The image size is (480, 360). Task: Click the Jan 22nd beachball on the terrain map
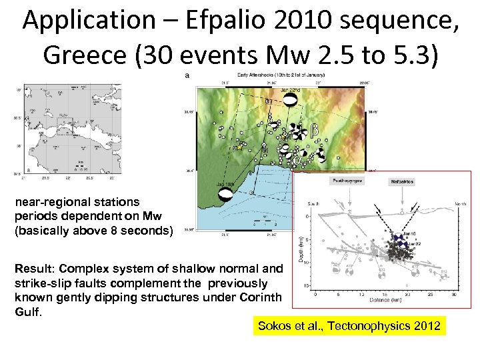[x=290, y=99]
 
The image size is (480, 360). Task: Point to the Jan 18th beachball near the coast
[x=227, y=195]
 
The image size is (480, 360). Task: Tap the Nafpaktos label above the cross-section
[x=402, y=181]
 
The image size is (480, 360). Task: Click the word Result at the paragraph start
[x=32, y=268]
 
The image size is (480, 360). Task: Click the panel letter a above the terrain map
[x=187, y=75]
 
